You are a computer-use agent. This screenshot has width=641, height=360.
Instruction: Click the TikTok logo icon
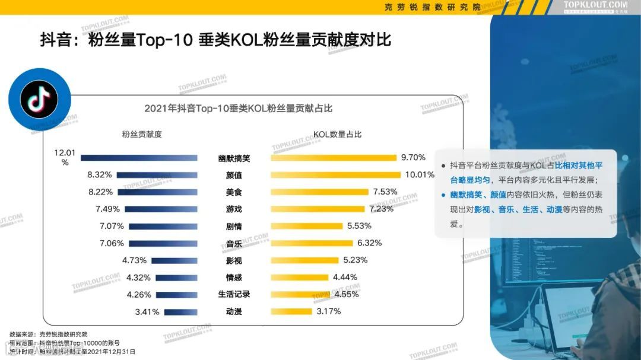click(39, 98)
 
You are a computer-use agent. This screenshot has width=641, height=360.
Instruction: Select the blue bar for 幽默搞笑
click(139, 158)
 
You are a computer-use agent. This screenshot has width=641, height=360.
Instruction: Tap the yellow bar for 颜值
click(335, 175)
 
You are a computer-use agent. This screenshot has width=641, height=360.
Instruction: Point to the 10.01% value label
click(420, 175)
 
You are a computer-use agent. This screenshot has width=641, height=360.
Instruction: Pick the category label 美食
click(234, 192)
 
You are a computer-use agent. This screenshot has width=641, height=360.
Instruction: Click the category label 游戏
click(234, 209)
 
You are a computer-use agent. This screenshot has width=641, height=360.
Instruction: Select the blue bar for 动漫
click(180, 312)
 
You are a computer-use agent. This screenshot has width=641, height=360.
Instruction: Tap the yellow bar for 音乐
click(311, 243)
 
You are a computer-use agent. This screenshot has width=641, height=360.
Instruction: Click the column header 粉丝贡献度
click(141, 134)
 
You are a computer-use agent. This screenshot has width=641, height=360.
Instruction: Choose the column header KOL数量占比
click(337, 134)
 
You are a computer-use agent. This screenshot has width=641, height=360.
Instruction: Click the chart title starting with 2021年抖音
click(238, 109)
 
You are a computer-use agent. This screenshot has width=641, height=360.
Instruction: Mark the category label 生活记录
click(234, 294)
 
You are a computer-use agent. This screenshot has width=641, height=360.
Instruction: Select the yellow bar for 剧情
click(306, 226)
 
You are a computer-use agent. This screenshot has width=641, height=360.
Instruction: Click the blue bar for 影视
click(174, 260)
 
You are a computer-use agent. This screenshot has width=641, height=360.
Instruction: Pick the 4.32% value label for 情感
click(138, 277)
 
